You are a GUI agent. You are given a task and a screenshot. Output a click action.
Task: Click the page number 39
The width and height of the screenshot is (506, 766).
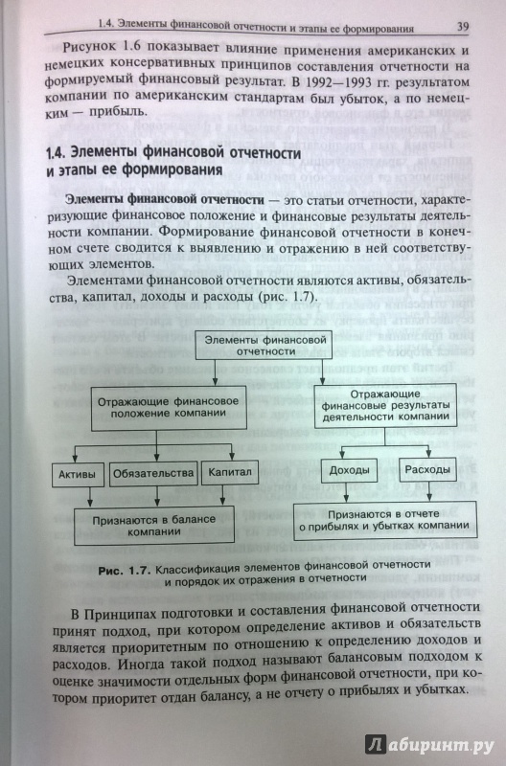point(463,27)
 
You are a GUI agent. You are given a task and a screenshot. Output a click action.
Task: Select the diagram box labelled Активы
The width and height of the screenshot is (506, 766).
point(78,474)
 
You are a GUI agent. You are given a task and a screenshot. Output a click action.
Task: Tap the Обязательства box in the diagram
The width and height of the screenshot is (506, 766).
point(153,474)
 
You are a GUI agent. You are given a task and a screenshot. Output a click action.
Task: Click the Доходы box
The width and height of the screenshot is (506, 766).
point(349,470)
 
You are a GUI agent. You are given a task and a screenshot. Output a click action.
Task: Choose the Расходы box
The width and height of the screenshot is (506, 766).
point(427,469)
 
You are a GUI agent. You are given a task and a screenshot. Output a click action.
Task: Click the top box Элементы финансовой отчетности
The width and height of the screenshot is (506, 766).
point(264,346)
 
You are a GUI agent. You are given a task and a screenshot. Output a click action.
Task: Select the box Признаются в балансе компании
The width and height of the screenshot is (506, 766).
point(154,525)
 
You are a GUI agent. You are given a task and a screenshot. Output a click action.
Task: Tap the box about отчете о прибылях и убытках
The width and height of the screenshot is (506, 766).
point(384,520)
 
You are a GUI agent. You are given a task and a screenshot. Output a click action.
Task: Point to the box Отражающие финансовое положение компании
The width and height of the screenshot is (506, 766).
point(169,408)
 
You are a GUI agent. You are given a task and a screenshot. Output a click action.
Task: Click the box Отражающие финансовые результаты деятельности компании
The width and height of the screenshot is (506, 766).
point(385,405)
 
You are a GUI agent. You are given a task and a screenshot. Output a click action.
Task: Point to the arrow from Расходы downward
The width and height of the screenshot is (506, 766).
point(428,491)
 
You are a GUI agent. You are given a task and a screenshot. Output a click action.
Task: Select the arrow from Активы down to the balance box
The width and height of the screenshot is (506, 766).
point(90,497)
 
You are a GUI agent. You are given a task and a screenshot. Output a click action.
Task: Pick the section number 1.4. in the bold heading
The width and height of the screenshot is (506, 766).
point(57,153)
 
